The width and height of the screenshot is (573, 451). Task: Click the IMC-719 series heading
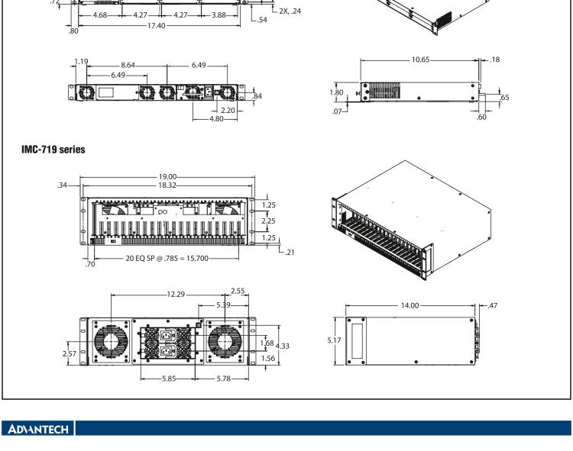(53, 150)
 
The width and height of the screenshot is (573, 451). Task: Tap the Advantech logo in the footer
(37, 429)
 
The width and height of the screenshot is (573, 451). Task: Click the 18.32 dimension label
(167, 184)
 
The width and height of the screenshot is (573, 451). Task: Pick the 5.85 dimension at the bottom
(166, 379)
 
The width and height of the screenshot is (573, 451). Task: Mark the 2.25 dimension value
(269, 221)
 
